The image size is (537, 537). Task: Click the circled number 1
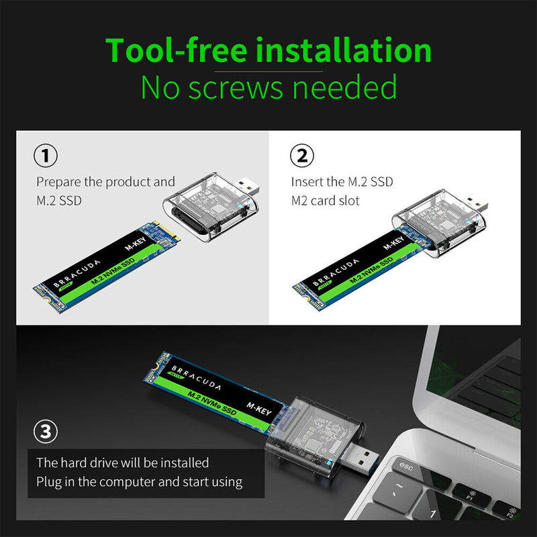pyautogui.click(x=45, y=156)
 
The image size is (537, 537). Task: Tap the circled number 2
pyautogui.click(x=301, y=156)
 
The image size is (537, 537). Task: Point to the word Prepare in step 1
pyautogui.click(x=60, y=182)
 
